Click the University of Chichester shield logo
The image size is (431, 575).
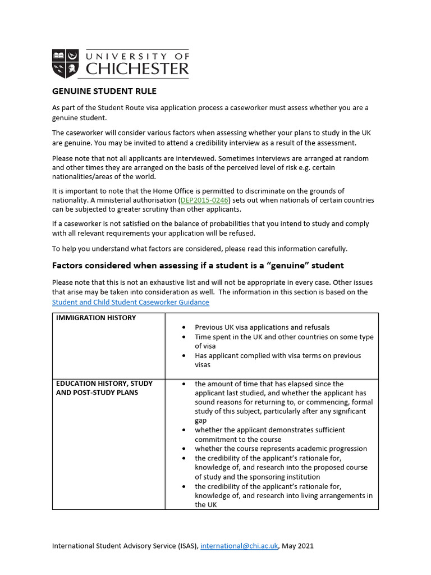coord(66,63)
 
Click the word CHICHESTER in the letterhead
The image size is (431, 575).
coord(137,69)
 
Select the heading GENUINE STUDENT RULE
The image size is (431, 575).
coord(104,91)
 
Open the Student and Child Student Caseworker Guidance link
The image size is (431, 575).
coord(130,302)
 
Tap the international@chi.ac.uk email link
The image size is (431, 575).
coord(239,545)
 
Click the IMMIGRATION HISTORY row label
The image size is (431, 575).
coord(95,318)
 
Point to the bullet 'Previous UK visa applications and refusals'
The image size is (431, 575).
coord(262,327)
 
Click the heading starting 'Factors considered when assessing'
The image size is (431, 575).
coord(198,265)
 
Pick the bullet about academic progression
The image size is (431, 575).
coord(281,449)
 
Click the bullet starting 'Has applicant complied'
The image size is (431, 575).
coord(277,360)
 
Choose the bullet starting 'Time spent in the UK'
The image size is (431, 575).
coord(283,341)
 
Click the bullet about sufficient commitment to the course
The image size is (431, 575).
coord(269,435)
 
